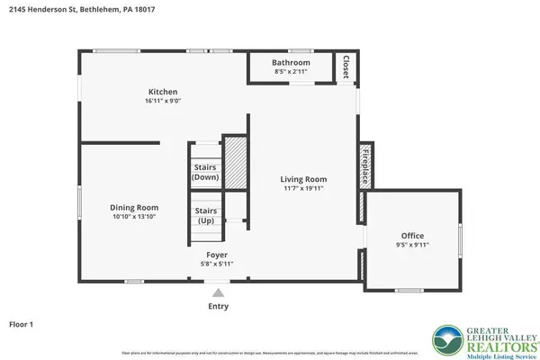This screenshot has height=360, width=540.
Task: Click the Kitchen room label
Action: pyautogui.click(x=163, y=92)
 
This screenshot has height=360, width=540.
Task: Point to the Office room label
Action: pyautogui.click(x=413, y=236)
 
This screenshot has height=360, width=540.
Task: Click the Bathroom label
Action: pyautogui.click(x=292, y=62)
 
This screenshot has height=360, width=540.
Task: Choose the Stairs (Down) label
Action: pyautogui.click(x=205, y=172)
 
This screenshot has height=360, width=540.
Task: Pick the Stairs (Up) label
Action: pyautogui.click(x=205, y=217)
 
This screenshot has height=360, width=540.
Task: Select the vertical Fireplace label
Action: pyautogui.click(x=364, y=166)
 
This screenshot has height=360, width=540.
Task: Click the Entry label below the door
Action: pyautogui.click(x=218, y=306)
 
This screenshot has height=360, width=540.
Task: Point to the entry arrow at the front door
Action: pyautogui.click(x=217, y=292)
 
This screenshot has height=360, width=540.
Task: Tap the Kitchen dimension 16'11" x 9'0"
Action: pyautogui.click(x=163, y=102)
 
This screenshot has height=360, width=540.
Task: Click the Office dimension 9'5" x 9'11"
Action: pyautogui.click(x=413, y=246)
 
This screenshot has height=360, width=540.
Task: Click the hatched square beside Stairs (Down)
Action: pyautogui.click(x=235, y=162)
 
